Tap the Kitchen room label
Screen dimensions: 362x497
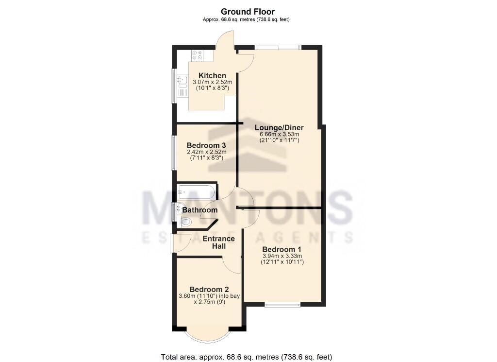point(212,75)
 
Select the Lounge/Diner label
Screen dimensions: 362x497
point(279,127)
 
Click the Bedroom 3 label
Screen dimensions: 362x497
point(206,145)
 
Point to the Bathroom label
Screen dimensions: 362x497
point(199,210)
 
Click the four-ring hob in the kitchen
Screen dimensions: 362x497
point(198,56)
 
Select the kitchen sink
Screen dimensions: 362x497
point(182,81)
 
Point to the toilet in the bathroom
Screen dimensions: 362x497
point(186,222)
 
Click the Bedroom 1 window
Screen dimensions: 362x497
point(282,305)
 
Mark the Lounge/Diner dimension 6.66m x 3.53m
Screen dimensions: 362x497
point(279,134)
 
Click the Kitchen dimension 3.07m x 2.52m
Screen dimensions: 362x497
point(212,82)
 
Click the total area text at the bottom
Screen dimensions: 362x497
point(246,357)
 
